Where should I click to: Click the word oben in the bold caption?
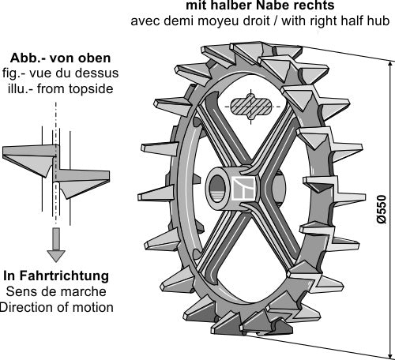point(93,58)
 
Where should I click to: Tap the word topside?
point(88,88)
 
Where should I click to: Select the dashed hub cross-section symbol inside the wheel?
point(252,106)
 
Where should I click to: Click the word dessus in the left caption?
point(92,73)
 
